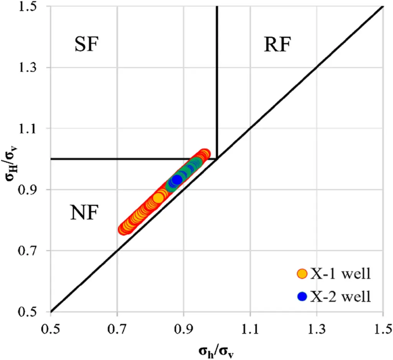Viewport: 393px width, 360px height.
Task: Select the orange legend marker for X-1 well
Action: pos(302,274)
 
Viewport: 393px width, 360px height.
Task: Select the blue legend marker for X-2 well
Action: pos(302,297)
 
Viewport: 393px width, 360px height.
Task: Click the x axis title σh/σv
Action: pos(217,350)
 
